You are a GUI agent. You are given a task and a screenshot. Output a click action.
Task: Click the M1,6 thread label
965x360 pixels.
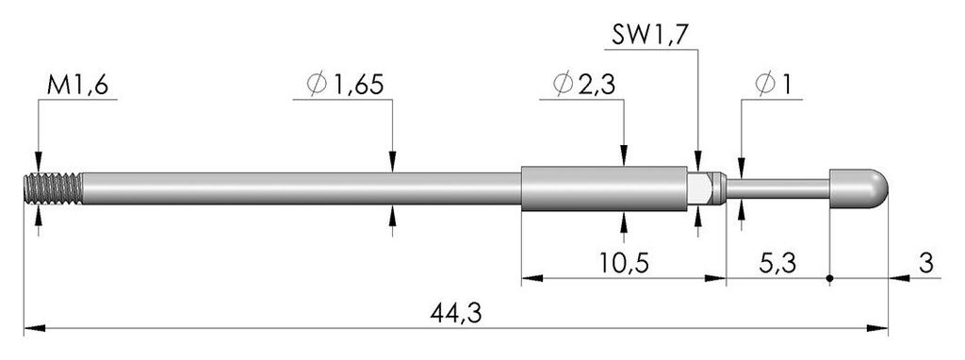click(77, 86)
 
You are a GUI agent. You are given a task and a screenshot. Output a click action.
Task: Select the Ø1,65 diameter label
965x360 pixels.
click(345, 85)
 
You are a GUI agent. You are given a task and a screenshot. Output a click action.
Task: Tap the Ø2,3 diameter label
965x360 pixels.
click(584, 85)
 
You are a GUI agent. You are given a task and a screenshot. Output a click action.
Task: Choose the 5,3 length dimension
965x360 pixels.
click(777, 264)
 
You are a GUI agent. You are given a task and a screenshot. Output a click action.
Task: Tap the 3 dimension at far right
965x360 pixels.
click(926, 264)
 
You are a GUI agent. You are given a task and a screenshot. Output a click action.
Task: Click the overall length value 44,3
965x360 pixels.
click(456, 314)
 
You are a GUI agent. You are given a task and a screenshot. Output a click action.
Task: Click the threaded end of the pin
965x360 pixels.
click(53, 188)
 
